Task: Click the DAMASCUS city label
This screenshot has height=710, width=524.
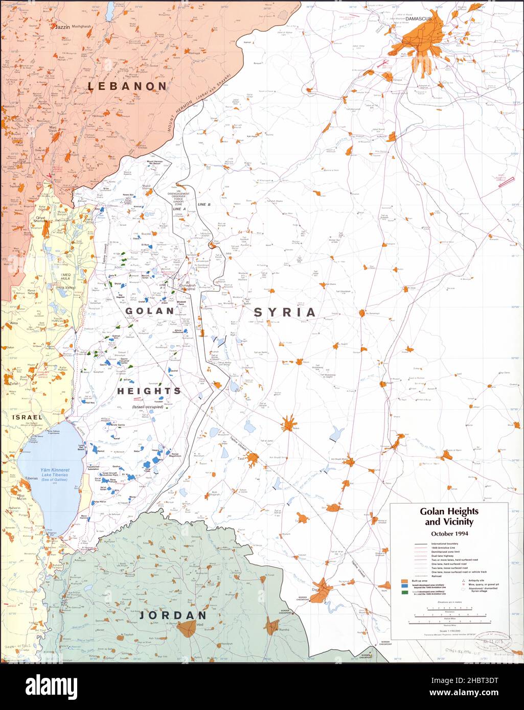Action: (418, 18)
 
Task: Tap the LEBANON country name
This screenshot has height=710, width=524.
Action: (127, 86)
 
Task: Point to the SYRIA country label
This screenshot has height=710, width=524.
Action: (285, 312)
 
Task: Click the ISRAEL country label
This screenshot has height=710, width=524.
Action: (27, 417)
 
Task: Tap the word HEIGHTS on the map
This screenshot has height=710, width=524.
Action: (149, 391)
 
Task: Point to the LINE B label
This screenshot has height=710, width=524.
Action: (204, 204)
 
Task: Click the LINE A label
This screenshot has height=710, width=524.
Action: (178, 208)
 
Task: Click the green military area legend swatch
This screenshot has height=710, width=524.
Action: (404, 593)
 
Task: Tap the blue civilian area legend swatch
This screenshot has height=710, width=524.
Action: (404, 587)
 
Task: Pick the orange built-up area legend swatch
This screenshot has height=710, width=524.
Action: (404, 581)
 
